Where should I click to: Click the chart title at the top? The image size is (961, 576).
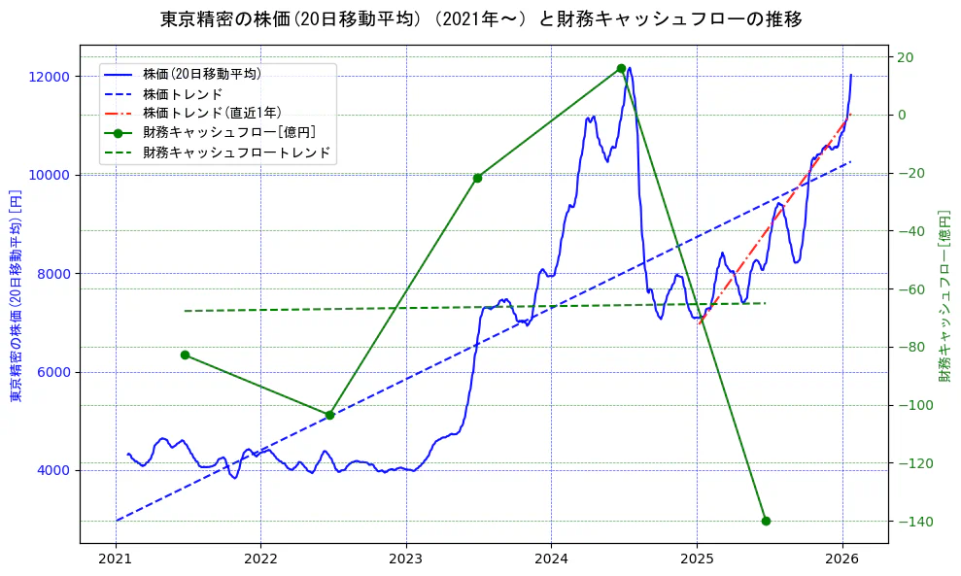481,18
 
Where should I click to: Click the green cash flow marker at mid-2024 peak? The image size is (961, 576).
621,68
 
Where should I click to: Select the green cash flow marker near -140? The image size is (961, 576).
766,521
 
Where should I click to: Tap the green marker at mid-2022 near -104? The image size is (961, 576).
329,415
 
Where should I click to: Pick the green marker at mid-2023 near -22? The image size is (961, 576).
477,178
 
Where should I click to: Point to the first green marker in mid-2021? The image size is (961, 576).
185,355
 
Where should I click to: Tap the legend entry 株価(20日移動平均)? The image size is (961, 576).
201,74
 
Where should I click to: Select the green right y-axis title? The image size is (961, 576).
944,295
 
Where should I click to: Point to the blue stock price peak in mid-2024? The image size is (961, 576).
630,68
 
